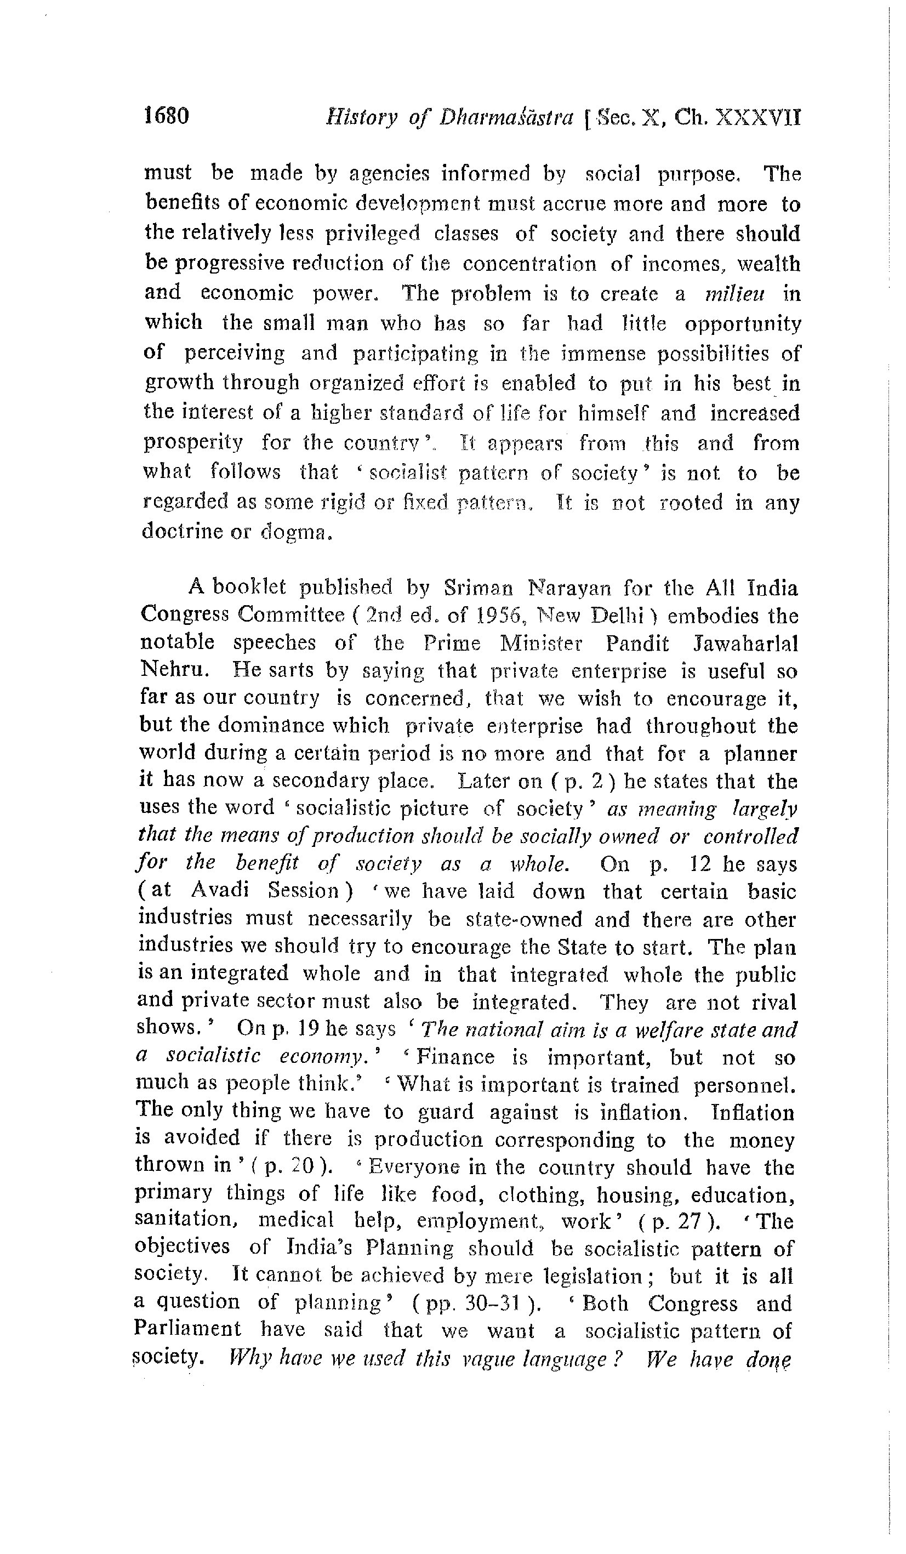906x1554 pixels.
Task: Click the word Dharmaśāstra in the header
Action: (x=506, y=117)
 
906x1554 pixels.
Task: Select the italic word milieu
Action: (x=734, y=294)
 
